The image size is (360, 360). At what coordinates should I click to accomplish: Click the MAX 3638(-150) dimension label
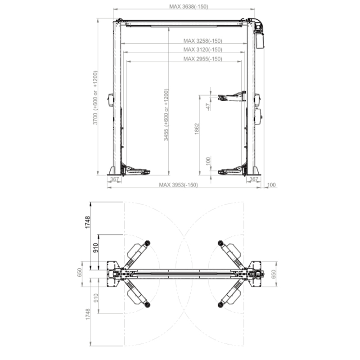coord(189,7)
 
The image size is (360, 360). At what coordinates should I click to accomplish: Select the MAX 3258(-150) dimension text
coord(203,41)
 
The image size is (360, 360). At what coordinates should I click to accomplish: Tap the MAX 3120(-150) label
coord(203,49)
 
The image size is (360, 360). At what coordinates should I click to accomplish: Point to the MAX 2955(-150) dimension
coord(203,59)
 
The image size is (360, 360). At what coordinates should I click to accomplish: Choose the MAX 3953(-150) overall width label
coord(178,185)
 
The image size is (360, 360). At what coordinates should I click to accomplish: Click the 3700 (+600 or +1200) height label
coord(95,98)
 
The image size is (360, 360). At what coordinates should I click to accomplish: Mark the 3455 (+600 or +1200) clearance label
coord(166,115)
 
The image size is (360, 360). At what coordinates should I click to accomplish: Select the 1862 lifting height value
coord(197,129)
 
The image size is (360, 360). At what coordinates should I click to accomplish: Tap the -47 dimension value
coord(208,107)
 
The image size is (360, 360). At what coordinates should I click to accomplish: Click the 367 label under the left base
coord(115,179)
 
